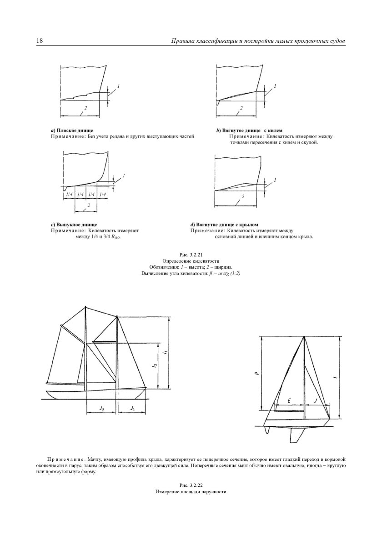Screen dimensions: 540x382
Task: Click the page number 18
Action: tap(39, 41)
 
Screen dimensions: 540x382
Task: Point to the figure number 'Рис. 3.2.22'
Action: tap(191, 486)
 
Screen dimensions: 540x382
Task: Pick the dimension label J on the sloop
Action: tap(316, 401)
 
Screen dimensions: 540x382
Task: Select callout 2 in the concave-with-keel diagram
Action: tap(241, 108)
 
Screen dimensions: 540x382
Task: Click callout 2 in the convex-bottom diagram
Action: tap(88, 205)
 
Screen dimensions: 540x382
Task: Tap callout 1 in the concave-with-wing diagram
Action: tap(275, 180)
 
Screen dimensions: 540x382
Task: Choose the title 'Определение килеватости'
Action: tap(191, 261)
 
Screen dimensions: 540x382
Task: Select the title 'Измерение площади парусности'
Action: tap(191, 492)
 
